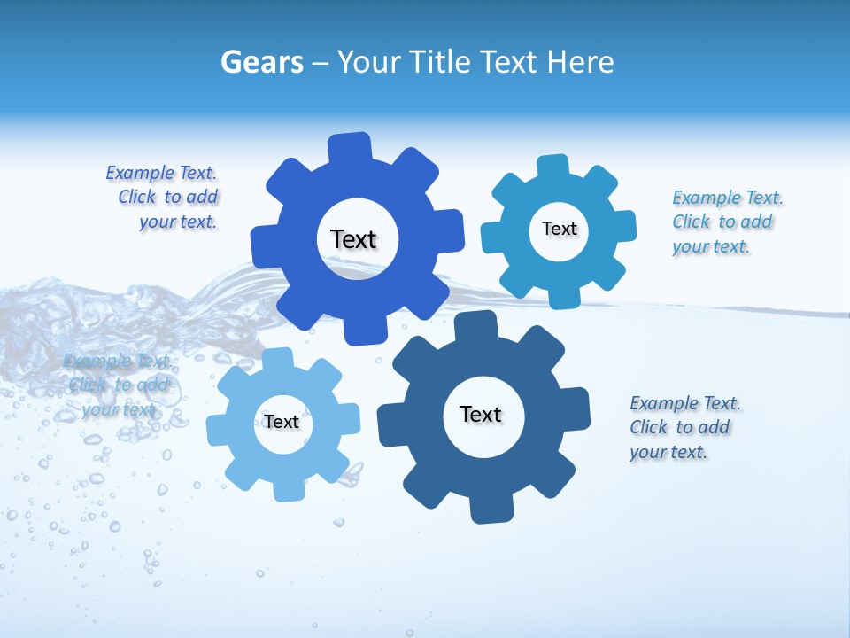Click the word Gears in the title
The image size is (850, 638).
pyautogui.click(x=261, y=62)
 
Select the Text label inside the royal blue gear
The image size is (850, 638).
pyautogui.click(x=354, y=239)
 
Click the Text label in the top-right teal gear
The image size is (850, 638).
pyautogui.click(x=560, y=229)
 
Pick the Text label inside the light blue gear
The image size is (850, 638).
pyautogui.click(x=282, y=422)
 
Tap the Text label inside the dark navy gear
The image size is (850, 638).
pyautogui.click(x=481, y=414)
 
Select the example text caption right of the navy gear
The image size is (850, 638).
pyautogui.click(x=683, y=428)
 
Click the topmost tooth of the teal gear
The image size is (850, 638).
pyautogui.click(x=553, y=167)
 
